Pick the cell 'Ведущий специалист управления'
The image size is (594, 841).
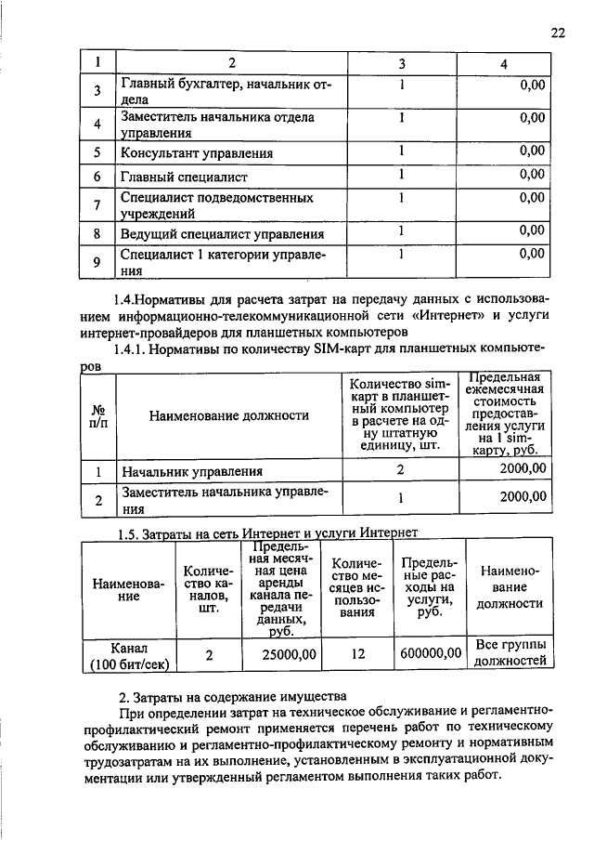pyautogui.click(x=222, y=234)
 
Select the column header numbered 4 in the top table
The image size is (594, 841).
pyautogui.click(x=503, y=64)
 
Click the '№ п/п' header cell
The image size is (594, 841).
pyautogui.click(x=97, y=415)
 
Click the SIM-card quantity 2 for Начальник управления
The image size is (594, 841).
pyautogui.click(x=401, y=470)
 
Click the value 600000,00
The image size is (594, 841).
pyautogui.click(x=431, y=654)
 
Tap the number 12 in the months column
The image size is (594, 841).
pyautogui.click(x=357, y=654)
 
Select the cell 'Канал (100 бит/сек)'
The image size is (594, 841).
pyautogui.click(x=129, y=655)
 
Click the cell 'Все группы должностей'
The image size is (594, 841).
pyautogui.click(x=510, y=653)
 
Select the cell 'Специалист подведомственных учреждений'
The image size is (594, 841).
pyautogui.click(x=216, y=205)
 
